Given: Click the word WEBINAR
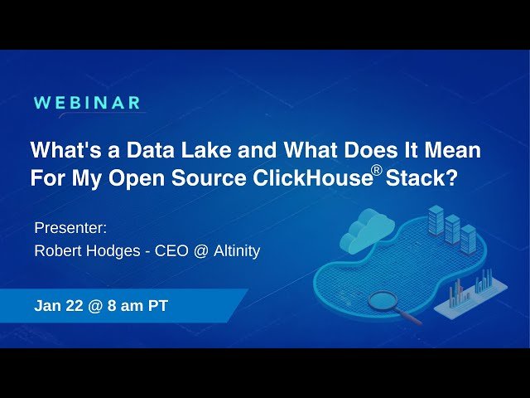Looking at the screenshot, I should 87,103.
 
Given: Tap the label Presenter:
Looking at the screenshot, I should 71,228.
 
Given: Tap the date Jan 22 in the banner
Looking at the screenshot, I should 58,306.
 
